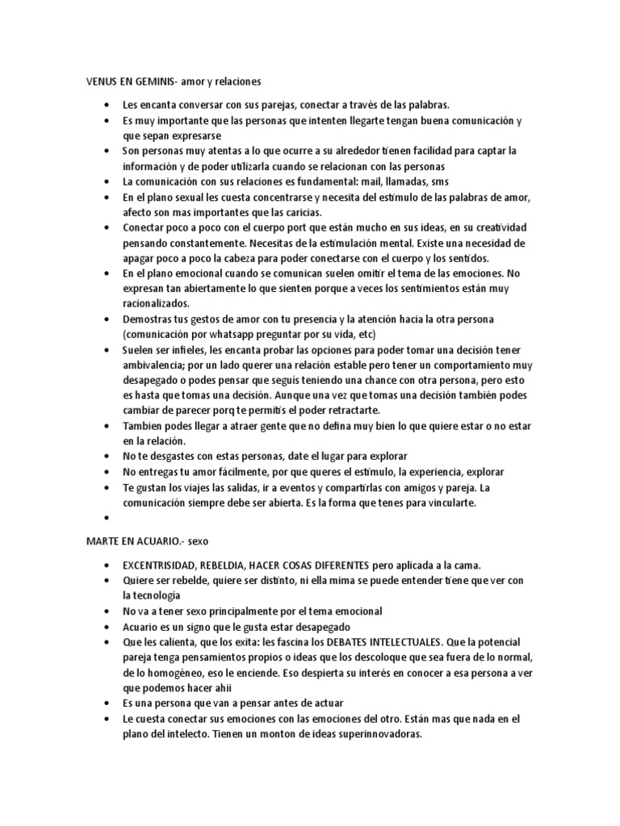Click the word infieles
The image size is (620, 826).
coord(189,349)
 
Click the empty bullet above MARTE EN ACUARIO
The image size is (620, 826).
coord(107,519)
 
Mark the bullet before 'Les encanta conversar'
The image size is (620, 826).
coord(107,105)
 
